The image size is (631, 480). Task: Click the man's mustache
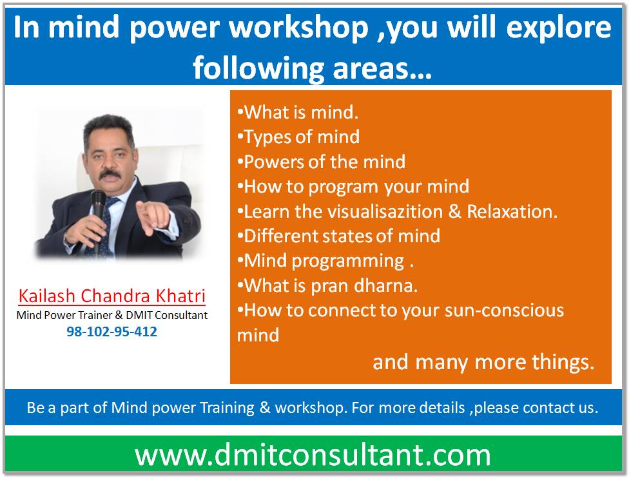pos(110,175)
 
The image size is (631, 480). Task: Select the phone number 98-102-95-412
pos(112,332)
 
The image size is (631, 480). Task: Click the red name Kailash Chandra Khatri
pos(112,296)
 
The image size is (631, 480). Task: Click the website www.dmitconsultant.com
pos(313,455)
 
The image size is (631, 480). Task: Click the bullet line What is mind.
pos(298,112)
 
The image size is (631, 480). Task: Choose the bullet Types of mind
pos(298,137)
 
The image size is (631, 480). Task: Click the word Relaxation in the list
pos(512,211)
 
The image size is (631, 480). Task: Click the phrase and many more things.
pos(483,362)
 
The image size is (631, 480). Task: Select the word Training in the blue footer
pos(227,408)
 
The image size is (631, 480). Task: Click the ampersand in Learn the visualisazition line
pos(455,211)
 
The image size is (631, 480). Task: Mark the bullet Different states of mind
pos(338,236)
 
